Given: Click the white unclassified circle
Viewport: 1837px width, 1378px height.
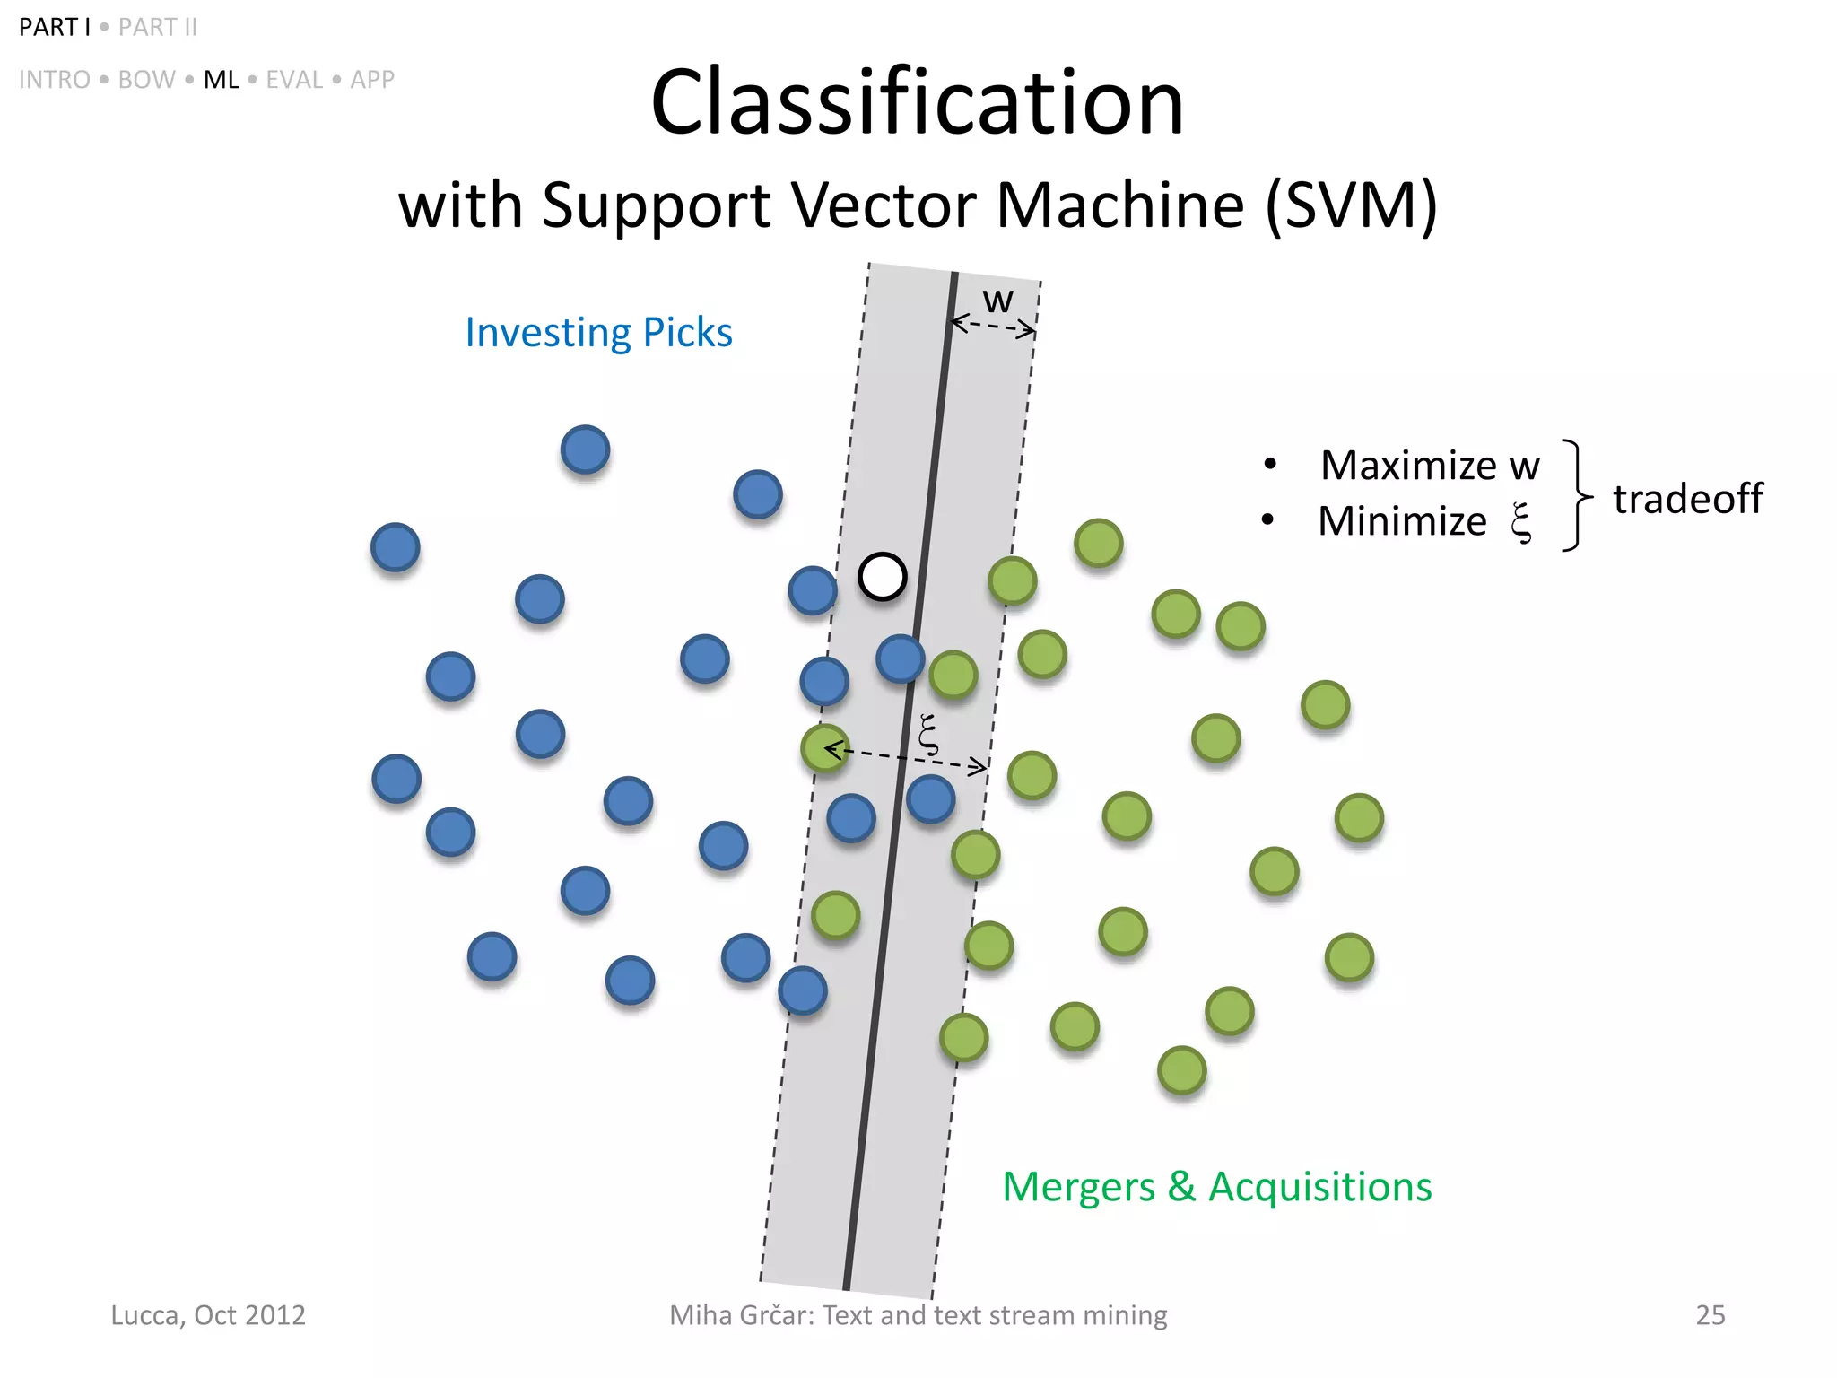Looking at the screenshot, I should [x=882, y=577].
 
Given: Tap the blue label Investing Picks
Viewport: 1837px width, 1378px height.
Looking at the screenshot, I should [x=598, y=333].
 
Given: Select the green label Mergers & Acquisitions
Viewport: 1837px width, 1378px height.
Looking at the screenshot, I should [x=1216, y=1187].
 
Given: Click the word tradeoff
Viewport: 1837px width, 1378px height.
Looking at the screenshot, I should [x=1687, y=499].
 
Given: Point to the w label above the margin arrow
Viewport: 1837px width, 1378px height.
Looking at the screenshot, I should [x=997, y=301].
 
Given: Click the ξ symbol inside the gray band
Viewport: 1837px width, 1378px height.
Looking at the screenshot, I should [x=929, y=734].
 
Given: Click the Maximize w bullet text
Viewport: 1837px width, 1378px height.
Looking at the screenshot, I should [x=1429, y=466].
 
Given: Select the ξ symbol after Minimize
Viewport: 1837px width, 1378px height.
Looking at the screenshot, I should [x=1521, y=522].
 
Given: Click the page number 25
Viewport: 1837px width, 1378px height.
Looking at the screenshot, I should [x=1710, y=1315].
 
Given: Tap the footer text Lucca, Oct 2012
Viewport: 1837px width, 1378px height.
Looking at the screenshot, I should [x=208, y=1315].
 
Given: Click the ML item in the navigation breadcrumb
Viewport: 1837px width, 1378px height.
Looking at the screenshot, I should [x=221, y=80].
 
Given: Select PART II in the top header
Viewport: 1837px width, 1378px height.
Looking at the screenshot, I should [x=158, y=28].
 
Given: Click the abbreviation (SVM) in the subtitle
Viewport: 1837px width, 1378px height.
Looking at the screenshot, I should [x=1351, y=205].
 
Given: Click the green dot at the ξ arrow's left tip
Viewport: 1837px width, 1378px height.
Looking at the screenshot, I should [x=823, y=747].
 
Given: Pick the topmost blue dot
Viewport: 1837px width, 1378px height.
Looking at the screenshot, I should [x=585, y=449].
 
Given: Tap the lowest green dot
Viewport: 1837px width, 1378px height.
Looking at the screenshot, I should [x=1181, y=1069].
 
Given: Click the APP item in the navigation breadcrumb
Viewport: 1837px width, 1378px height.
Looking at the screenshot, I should [x=372, y=80].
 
